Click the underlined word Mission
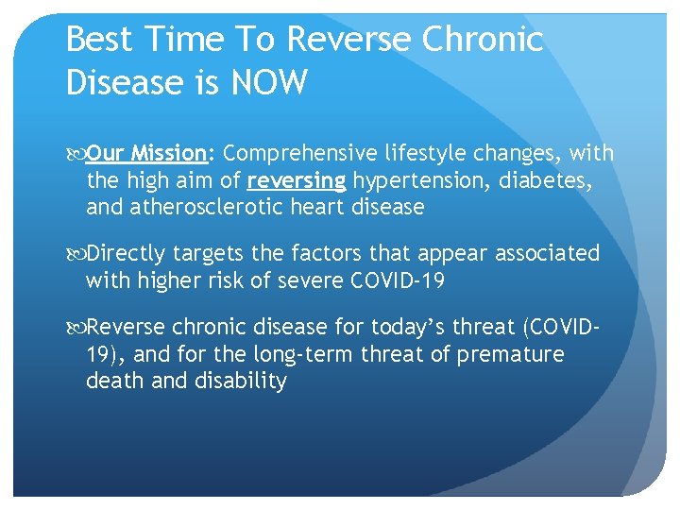(x=169, y=153)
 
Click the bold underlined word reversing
(x=296, y=179)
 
